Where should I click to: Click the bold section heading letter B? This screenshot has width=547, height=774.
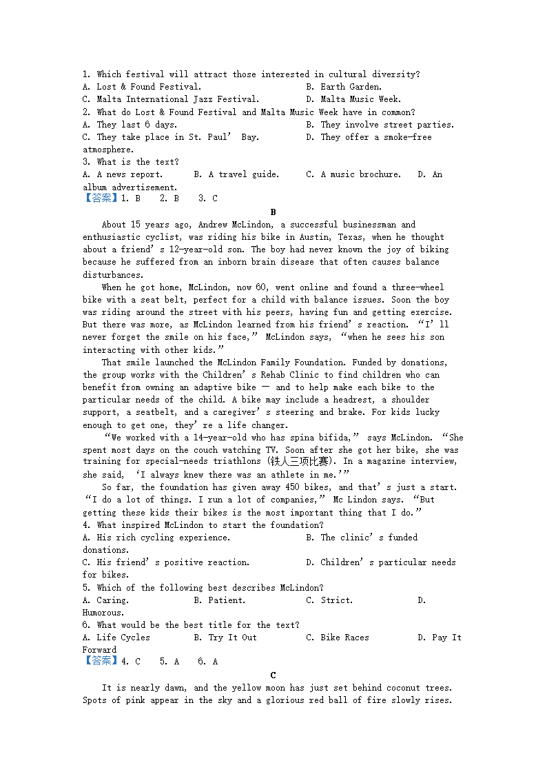coord(273,212)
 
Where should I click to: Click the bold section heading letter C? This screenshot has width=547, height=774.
coord(273,675)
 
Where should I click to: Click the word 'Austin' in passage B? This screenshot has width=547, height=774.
coord(300,237)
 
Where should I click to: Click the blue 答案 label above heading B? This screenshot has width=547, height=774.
coord(101,198)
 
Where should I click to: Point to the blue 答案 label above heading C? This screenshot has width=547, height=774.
coord(101,662)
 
